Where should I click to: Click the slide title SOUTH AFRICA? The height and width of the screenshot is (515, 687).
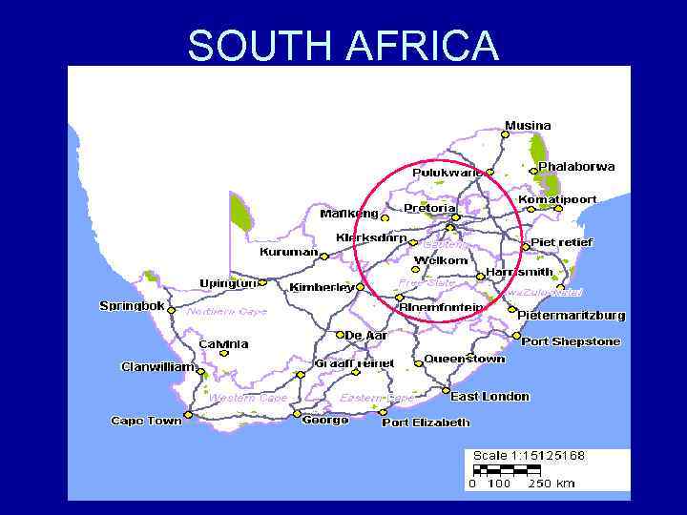[343, 46]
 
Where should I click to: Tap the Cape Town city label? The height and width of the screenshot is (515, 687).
[146, 421]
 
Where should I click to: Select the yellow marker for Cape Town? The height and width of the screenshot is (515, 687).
[188, 415]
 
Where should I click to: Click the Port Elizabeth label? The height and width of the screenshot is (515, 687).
[426, 422]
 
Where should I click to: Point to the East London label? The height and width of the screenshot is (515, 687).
[489, 397]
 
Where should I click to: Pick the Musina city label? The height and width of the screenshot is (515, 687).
[528, 126]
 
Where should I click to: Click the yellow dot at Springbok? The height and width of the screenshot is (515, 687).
[172, 309]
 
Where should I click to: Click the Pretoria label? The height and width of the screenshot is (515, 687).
[429, 208]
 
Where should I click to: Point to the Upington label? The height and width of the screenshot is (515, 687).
[228, 283]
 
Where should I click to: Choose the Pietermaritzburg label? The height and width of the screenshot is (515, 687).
[572, 315]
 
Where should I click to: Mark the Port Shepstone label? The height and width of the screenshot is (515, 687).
[571, 341]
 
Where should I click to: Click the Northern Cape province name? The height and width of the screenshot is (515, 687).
[227, 312]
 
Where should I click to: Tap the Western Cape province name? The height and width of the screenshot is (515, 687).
[247, 398]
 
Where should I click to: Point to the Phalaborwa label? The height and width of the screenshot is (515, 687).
[576, 167]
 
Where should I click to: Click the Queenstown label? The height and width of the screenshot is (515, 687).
[465, 360]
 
